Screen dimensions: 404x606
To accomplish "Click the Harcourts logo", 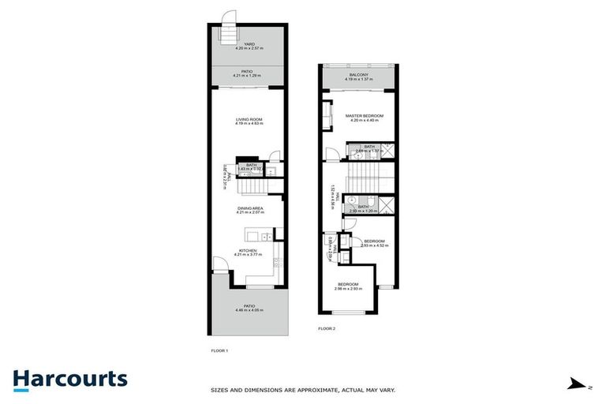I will click(x=69, y=379).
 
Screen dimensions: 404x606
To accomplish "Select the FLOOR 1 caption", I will click(x=219, y=350).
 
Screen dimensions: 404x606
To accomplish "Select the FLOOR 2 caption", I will click(x=327, y=328).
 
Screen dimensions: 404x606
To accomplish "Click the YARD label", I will click(x=249, y=44).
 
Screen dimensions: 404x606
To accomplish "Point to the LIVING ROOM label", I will click(x=249, y=119).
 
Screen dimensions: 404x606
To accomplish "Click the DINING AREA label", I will click(x=249, y=208).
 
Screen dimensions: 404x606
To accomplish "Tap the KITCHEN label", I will click(x=249, y=250).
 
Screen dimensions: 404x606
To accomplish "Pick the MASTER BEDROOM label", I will click(x=365, y=116).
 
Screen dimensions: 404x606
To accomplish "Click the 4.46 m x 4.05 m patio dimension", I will click(x=249, y=310).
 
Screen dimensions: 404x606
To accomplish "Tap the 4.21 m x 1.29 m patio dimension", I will click(x=249, y=76).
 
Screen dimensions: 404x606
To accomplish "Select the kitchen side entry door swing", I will click(x=219, y=265).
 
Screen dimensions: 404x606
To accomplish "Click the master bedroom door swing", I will click(x=329, y=154).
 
